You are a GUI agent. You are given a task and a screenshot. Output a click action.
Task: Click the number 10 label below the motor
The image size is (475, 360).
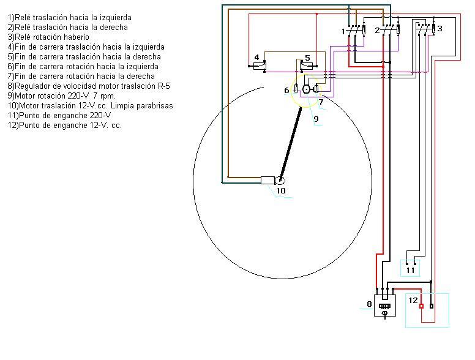pyautogui.click(x=281, y=190)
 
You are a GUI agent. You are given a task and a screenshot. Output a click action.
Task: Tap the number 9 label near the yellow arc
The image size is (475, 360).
pyautogui.click(x=316, y=119)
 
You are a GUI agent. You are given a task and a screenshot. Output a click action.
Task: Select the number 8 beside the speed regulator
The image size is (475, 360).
pyautogui.click(x=369, y=304)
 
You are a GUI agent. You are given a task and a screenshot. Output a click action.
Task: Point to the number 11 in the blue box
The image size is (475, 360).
pyautogui.click(x=410, y=269)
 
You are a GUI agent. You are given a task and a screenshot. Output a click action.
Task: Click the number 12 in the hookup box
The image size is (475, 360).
pyautogui.click(x=413, y=301)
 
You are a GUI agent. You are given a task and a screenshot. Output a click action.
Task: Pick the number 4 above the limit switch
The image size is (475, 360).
pyautogui.click(x=257, y=58)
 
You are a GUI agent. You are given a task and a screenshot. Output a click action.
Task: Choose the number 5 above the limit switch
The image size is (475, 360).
pyautogui.click(x=307, y=58)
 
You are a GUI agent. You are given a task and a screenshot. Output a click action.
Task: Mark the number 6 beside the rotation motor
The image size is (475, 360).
pyautogui.click(x=286, y=91)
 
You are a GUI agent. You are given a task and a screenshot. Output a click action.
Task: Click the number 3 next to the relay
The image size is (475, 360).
pyautogui.click(x=439, y=29)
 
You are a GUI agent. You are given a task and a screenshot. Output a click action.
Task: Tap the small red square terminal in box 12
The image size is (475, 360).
pyautogui.click(x=421, y=306)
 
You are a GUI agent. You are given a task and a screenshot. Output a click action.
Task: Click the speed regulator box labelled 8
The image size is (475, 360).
pyautogui.click(x=385, y=304)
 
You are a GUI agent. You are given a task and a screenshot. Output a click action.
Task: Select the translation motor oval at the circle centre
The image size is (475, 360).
pyautogui.click(x=280, y=180)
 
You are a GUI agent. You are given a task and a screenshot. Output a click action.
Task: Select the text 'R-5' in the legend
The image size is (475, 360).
pyautogui.click(x=163, y=86)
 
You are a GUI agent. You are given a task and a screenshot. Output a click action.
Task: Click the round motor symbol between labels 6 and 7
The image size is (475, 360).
pyautogui.click(x=307, y=89)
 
